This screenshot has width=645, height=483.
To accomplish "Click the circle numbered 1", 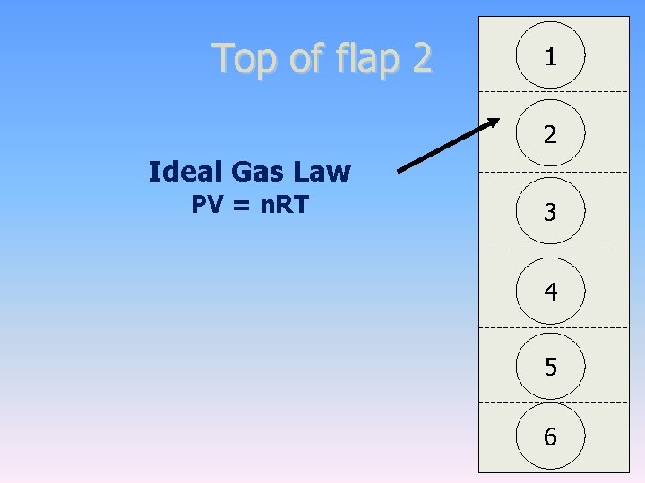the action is click(x=550, y=56).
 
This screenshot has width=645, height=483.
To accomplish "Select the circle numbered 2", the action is click(x=550, y=134).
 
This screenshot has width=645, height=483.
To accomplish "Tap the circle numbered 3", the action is click(x=550, y=212).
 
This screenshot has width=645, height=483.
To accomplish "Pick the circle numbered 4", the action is click(x=550, y=291).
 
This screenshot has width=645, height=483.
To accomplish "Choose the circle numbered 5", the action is click(x=550, y=367).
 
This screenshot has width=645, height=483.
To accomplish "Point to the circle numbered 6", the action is click(x=550, y=436).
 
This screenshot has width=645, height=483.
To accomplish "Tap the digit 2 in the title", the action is click(x=421, y=58).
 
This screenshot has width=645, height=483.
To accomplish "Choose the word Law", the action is click(x=323, y=171).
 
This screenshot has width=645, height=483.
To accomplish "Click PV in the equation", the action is click(x=205, y=205).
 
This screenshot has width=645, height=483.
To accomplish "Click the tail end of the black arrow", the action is click(x=400, y=169).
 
